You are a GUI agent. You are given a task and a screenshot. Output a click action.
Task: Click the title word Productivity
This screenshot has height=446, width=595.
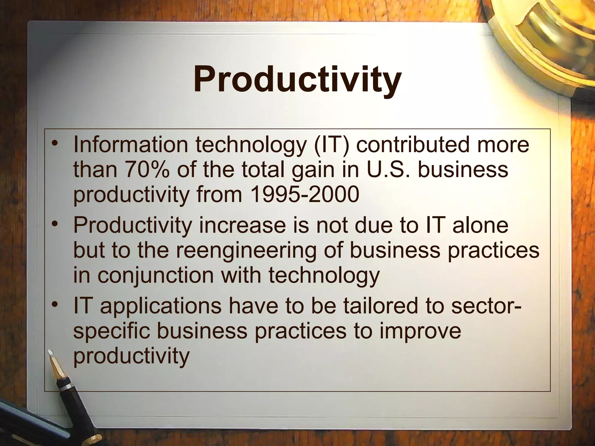(x=297, y=79)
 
